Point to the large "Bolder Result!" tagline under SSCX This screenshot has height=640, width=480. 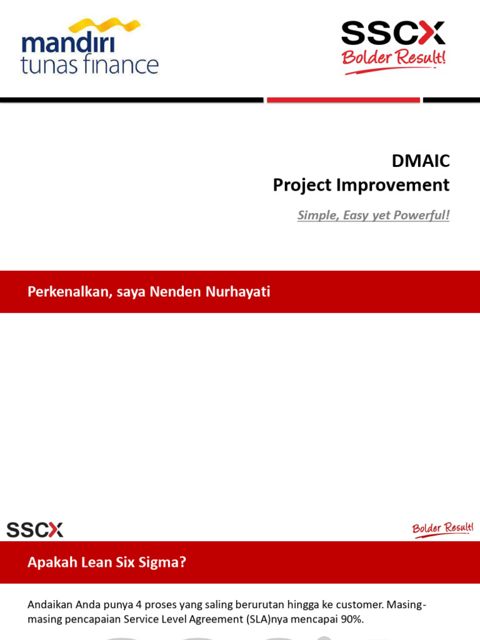coord(393,59)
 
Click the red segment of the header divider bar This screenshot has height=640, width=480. coord(343,100)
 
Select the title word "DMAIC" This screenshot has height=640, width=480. coord(420,161)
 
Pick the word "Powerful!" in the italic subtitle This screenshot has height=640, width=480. coord(421,215)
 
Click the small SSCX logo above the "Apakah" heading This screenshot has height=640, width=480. coord(35,530)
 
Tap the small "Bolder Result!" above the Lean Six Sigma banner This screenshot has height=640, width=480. coord(442,529)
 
